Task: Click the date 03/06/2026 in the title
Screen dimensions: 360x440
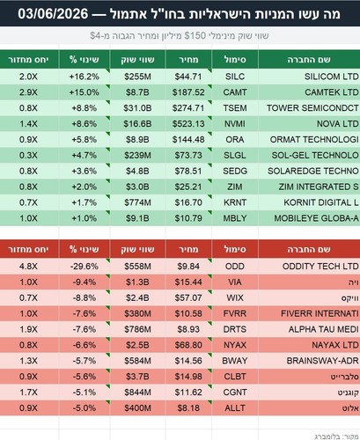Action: (x=53, y=13)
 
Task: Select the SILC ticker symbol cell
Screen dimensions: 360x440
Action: (x=235, y=77)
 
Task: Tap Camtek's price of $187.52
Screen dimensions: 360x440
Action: (x=188, y=92)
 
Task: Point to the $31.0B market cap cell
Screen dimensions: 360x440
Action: (x=137, y=108)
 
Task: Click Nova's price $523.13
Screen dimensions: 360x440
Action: (x=188, y=124)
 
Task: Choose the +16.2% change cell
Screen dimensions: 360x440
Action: (x=84, y=77)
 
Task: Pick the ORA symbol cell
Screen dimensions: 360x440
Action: (x=235, y=140)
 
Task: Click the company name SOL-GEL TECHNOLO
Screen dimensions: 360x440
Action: (x=315, y=155)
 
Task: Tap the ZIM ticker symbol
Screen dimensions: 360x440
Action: (x=235, y=187)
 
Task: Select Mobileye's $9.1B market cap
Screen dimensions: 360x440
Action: (x=137, y=218)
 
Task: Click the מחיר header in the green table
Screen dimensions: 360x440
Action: (x=188, y=60)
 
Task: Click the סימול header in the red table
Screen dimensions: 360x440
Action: (x=235, y=249)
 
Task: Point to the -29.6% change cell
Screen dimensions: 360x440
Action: (x=84, y=267)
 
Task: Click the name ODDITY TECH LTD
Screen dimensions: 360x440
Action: (x=320, y=267)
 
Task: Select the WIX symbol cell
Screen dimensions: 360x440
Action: (x=235, y=298)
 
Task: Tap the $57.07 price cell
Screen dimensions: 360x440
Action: (x=188, y=298)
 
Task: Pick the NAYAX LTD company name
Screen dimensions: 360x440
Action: (x=335, y=345)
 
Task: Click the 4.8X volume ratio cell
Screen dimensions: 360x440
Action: (x=28, y=267)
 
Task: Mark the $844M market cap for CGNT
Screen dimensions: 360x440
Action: (x=137, y=392)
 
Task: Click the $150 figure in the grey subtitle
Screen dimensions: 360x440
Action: (x=195, y=36)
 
